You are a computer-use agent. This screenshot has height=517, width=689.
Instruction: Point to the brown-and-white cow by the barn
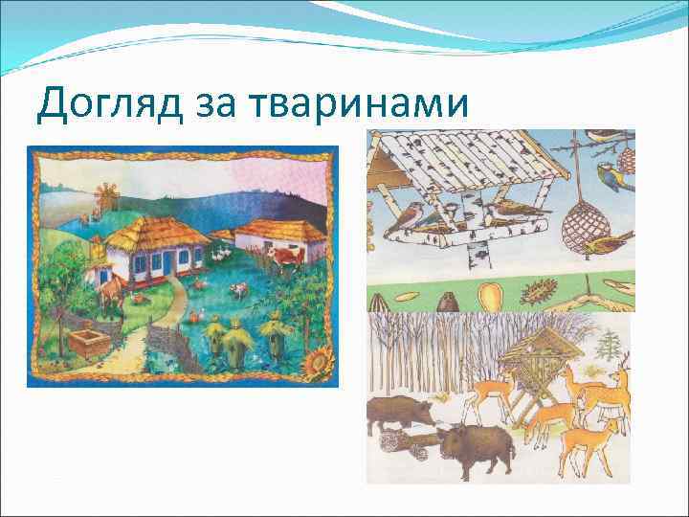[285, 258]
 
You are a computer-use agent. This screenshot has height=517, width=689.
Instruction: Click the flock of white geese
[219, 253]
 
